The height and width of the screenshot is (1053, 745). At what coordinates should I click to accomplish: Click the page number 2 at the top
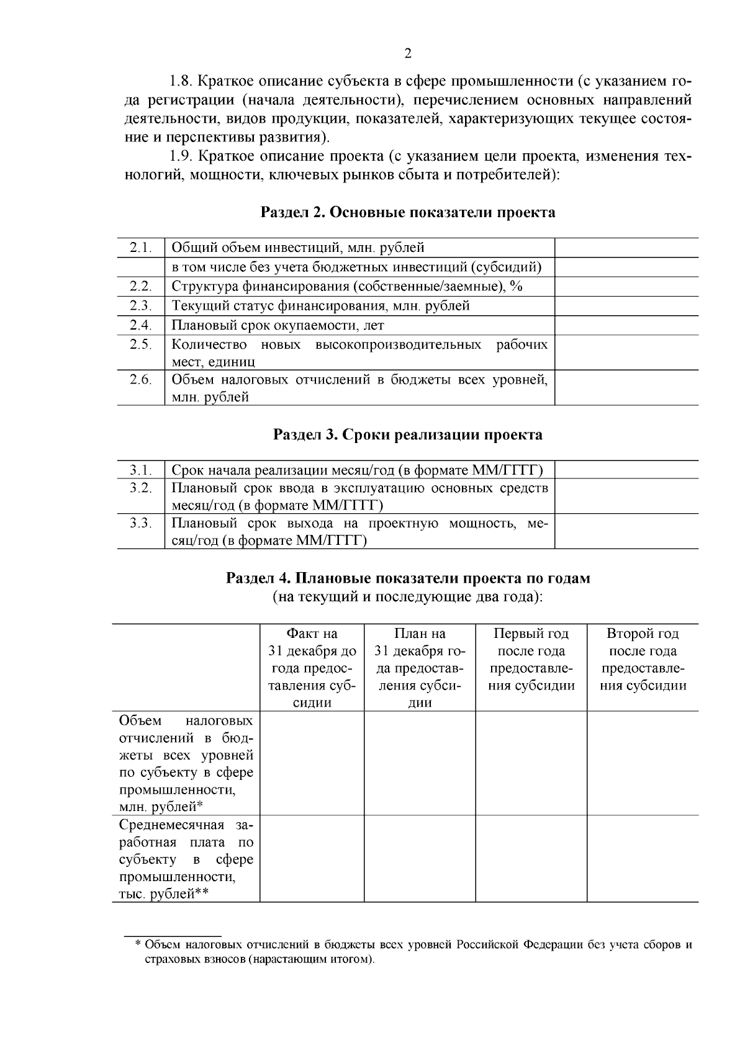(x=408, y=53)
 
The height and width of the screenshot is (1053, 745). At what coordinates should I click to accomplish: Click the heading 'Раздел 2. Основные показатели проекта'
(x=407, y=213)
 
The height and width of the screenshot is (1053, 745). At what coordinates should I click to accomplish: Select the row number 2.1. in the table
(x=141, y=248)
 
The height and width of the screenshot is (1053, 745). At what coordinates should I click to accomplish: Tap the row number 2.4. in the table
(x=141, y=325)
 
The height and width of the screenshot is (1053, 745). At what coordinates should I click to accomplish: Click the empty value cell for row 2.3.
(x=626, y=306)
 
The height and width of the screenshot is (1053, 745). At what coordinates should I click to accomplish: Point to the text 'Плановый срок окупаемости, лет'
(x=278, y=325)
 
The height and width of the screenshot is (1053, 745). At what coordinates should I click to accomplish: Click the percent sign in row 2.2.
(x=516, y=286)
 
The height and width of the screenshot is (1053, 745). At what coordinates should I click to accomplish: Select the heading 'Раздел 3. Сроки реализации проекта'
(x=407, y=434)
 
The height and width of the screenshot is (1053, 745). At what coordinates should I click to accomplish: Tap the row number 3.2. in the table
(x=141, y=488)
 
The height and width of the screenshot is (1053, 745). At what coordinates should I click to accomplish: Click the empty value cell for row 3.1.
(x=626, y=470)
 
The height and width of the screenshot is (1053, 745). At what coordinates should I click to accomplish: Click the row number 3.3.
(x=141, y=523)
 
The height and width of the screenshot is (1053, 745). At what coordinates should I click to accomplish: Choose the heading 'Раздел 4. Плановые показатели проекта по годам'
(x=407, y=578)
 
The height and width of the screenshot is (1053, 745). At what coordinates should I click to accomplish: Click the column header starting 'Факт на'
(x=312, y=668)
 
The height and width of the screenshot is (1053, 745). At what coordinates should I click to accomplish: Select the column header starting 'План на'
(x=420, y=668)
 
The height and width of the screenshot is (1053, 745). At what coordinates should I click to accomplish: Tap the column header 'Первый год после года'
(x=531, y=659)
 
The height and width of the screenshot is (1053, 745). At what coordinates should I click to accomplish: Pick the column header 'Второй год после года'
(x=643, y=659)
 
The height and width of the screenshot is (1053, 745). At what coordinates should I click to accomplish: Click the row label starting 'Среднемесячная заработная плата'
(x=186, y=859)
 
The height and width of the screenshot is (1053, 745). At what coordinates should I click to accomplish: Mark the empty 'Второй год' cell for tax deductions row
(x=643, y=763)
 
